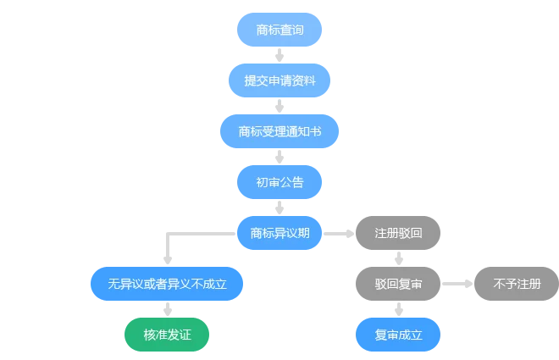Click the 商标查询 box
click(x=279, y=30)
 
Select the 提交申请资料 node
click(x=279, y=80)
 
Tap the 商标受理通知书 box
click(x=279, y=131)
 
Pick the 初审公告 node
click(x=279, y=182)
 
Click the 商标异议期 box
click(x=279, y=233)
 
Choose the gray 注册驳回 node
click(x=398, y=233)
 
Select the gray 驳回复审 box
click(x=398, y=284)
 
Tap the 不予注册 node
click(x=517, y=284)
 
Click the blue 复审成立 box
click(x=398, y=335)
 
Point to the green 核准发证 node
click(x=167, y=335)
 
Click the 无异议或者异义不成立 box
click(x=167, y=284)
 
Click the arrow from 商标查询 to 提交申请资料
click(x=279, y=55)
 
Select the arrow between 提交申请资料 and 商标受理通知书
click(x=279, y=106)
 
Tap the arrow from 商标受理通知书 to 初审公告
click(x=279, y=157)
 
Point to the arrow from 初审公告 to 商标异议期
click(x=279, y=208)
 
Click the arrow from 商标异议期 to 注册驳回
click(x=339, y=234)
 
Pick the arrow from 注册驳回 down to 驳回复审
click(x=399, y=258)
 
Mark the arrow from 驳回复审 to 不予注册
click(x=457, y=284)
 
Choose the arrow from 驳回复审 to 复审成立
click(x=399, y=309)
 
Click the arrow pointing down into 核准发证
click(x=168, y=309)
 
